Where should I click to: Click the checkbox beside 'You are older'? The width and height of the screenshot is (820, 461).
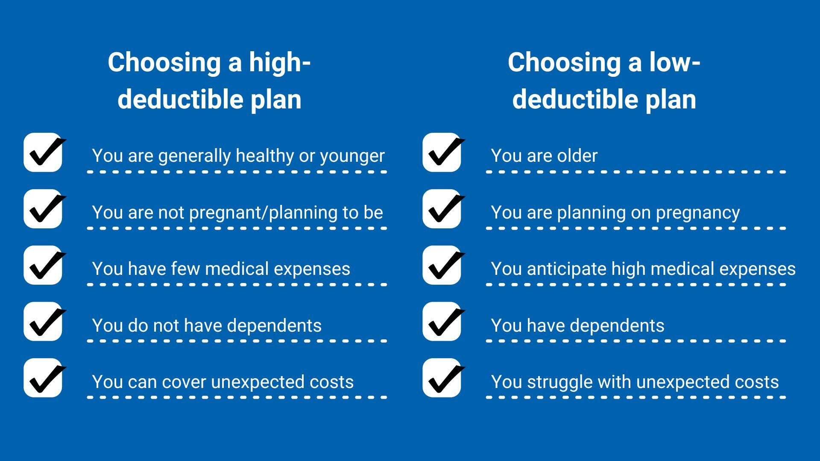point(442,152)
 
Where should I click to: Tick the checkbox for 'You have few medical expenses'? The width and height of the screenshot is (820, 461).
point(43,265)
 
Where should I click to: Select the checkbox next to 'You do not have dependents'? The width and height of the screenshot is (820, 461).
point(43,321)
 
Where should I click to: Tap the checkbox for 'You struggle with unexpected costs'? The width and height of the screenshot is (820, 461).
point(442,378)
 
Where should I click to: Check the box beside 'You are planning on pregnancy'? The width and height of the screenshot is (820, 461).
point(442,209)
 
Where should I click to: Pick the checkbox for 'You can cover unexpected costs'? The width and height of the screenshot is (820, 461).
point(43,378)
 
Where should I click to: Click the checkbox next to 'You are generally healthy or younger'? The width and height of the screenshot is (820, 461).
point(43,152)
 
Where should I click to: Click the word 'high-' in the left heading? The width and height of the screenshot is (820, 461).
point(280,62)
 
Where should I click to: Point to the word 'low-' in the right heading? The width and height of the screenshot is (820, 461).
point(675,62)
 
